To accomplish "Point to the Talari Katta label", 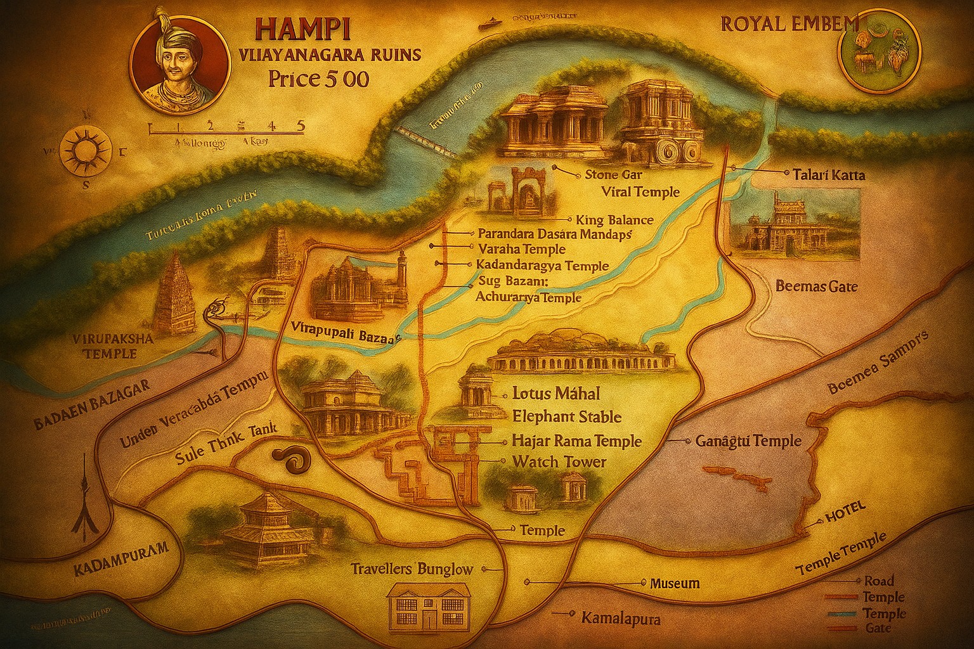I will point(828,175).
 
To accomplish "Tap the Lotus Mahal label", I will point(555,394).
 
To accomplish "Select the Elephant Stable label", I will point(566,417).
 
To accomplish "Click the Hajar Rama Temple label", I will point(576,440).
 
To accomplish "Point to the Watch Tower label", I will point(559,462).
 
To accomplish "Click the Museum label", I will point(675,583).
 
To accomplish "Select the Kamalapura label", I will point(620,619).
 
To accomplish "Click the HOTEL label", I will point(846,517).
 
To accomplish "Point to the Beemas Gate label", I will point(817,286).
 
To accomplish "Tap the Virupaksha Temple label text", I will point(113,346).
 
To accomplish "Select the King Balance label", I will point(614,220).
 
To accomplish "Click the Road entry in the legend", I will point(879,581).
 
